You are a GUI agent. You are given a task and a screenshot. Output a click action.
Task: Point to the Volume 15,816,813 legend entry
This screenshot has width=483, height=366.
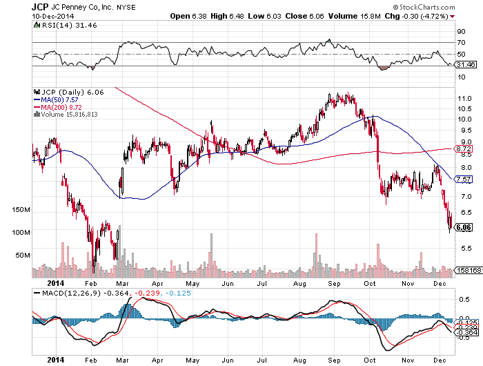66,114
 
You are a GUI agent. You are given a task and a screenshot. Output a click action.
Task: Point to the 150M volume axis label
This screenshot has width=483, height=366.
21,209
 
